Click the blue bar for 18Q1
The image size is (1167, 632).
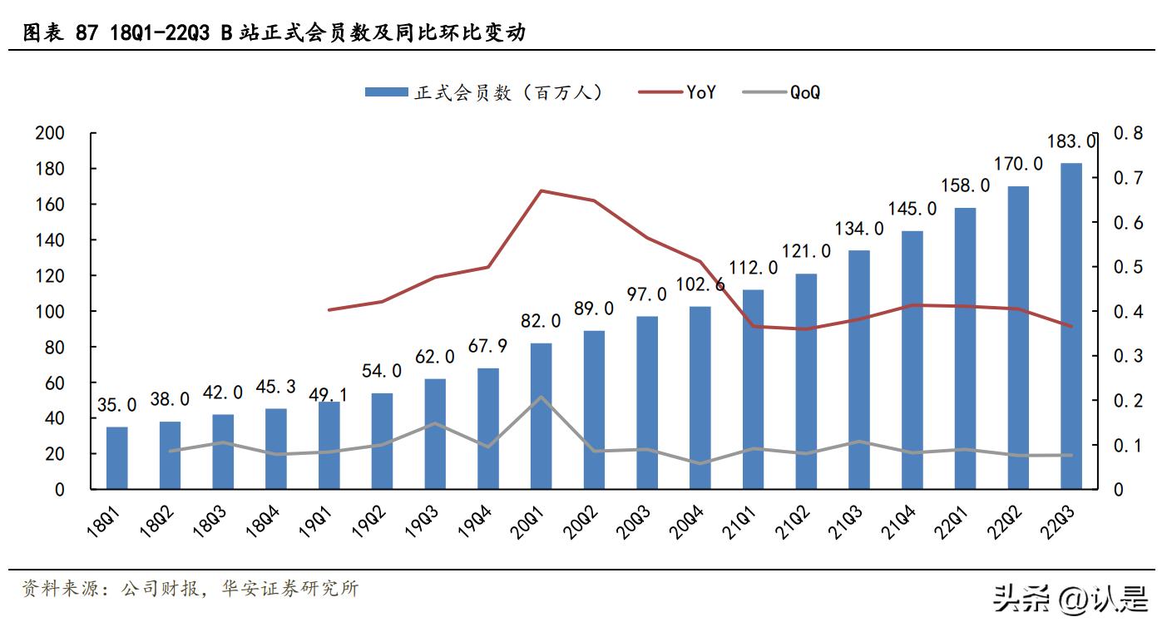pos(117,457)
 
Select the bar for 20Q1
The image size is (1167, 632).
pos(541,416)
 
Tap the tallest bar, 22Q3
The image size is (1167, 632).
pos(1071,326)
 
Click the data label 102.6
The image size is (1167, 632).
pos(700,285)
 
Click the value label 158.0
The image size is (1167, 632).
pos(966,185)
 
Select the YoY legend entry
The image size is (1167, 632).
pos(678,92)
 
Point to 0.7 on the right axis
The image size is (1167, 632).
pos(1127,178)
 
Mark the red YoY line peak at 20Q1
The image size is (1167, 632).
pos(541,190)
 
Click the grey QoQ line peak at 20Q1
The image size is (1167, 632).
pos(541,397)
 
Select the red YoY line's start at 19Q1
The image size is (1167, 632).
pos(330,309)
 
